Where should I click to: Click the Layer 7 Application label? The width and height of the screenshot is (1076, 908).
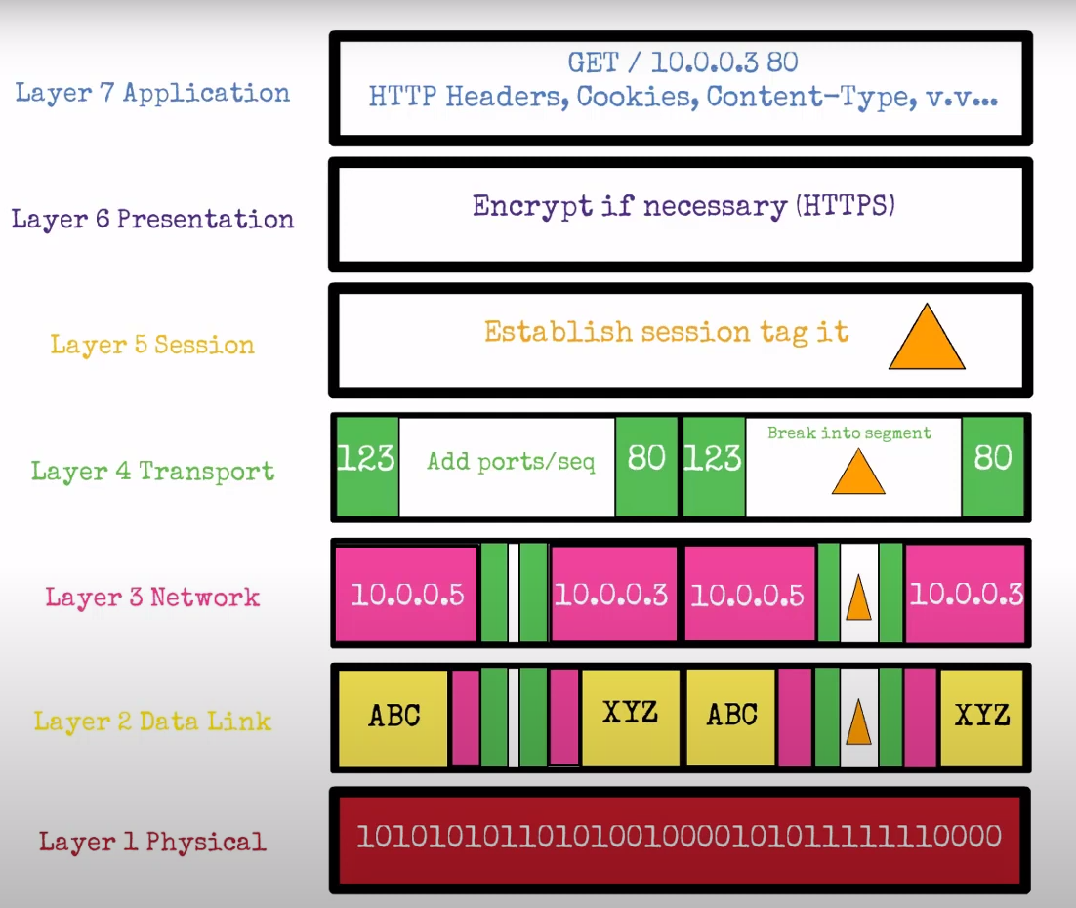152,94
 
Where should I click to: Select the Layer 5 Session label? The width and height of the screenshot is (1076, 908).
152,345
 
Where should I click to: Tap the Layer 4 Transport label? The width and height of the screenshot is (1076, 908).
152,472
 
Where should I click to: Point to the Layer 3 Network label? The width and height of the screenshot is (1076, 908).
152,598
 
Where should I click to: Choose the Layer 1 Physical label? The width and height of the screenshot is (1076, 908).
152,842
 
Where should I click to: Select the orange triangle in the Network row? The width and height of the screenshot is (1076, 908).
858,599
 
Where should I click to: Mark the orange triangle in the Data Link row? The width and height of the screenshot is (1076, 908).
858,723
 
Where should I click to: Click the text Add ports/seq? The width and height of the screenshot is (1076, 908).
511,462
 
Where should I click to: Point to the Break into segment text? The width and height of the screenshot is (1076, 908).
848,433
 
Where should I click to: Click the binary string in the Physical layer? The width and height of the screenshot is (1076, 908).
679,837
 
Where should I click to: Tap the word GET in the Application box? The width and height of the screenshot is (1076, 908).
594,63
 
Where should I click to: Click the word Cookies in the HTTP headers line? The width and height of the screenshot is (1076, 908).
637,98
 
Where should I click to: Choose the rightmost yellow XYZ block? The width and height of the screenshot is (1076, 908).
981,716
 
